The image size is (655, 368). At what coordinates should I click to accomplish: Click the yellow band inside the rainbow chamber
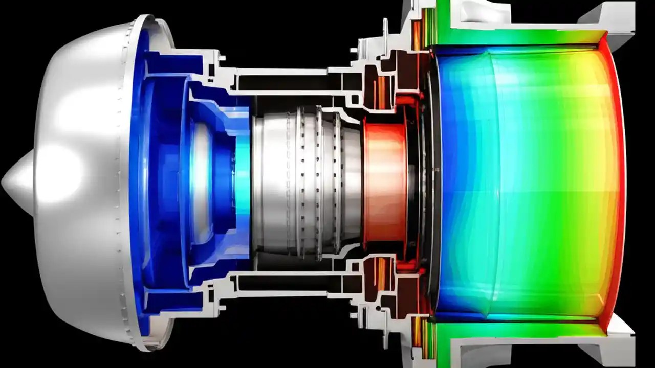click(x=588, y=184)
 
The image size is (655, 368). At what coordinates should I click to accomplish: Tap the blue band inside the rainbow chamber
click(x=455, y=184)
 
